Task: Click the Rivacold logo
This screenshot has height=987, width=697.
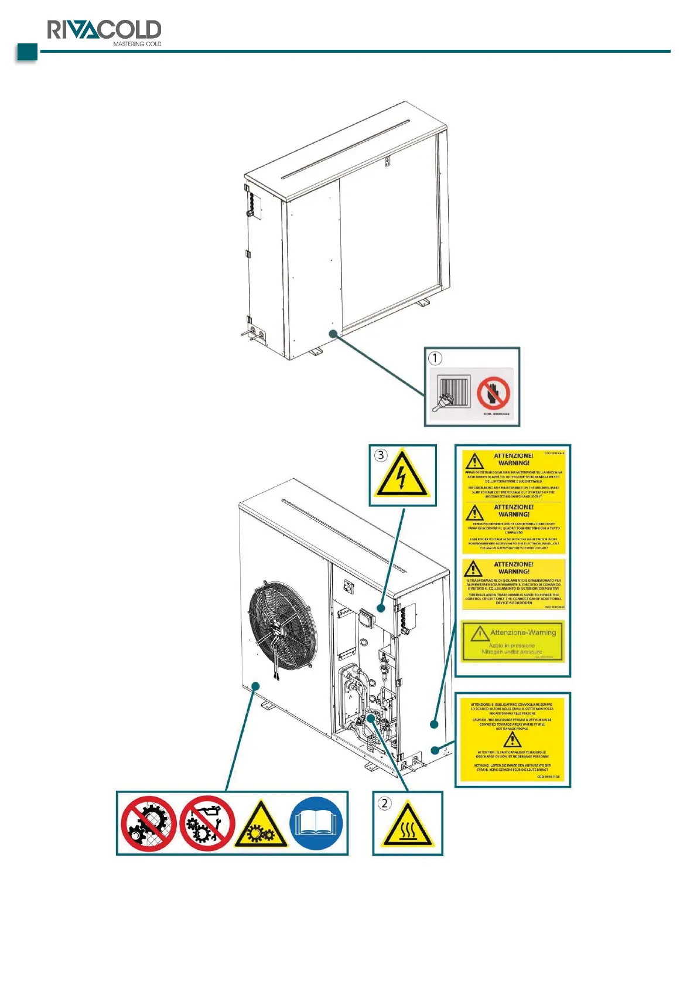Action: pyautogui.click(x=104, y=30)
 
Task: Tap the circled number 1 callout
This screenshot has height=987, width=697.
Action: pyautogui.click(x=435, y=358)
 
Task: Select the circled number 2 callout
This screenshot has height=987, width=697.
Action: pyautogui.click(x=384, y=803)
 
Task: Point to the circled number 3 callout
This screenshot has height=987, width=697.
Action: pyautogui.click(x=381, y=455)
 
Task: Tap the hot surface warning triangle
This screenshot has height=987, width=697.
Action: pyautogui.click(x=407, y=826)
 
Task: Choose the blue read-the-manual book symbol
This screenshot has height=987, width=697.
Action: pyautogui.click(x=316, y=823)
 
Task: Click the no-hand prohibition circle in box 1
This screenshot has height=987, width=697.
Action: pyautogui.click(x=493, y=393)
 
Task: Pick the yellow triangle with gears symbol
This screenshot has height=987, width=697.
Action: pyautogui.click(x=261, y=825)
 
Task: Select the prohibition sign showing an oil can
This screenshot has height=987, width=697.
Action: pyautogui.click(x=207, y=823)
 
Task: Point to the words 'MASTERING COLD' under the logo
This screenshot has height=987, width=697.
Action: pyautogui.click(x=137, y=44)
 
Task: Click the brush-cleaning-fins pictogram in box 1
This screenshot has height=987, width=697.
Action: pyautogui.click(x=452, y=393)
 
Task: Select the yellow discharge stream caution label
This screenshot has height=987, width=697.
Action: pyautogui.click(x=512, y=739)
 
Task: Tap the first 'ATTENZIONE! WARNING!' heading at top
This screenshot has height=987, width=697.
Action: pyautogui.click(x=514, y=459)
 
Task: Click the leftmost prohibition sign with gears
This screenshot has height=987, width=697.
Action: pyautogui.click(x=149, y=823)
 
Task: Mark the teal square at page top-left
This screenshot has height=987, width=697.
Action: pyautogui.click(x=27, y=52)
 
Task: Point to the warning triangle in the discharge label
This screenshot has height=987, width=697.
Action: pyautogui.click(x=512, y=739)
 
